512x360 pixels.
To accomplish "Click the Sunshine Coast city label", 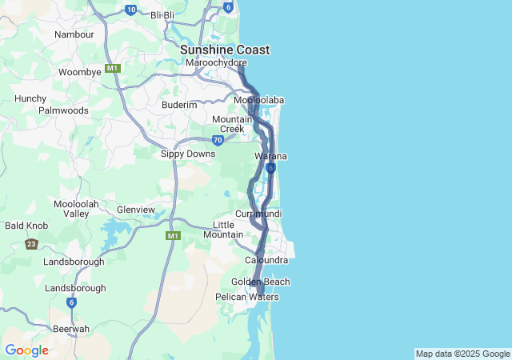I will tap(224, 50).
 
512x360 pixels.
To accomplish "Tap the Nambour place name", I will tap(74, 34).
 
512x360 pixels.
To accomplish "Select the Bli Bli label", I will tap(162, 15).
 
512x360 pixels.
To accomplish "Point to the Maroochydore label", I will tap(215, 62).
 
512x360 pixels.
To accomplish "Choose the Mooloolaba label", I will tap(259, 100).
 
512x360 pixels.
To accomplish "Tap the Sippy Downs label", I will tap(187, 154).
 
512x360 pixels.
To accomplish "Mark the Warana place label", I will tap(270, 156).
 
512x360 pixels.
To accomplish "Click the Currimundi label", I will tap(258, 214).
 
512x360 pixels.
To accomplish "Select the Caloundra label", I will tap(266, 260).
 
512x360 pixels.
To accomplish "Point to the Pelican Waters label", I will tap(247, 297).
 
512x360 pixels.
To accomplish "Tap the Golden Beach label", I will tap(261, 282).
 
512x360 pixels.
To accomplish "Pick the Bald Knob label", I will tap(26, 226).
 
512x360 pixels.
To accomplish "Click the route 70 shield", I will tap(218, 140).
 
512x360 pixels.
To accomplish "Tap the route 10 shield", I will tap(131, 10).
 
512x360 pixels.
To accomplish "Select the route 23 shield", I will tap(31, 244).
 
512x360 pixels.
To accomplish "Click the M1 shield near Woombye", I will tap(113, 68).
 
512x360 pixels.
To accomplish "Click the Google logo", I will tap(26, 350).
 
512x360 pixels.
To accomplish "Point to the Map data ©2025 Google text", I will tap(462, 354).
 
